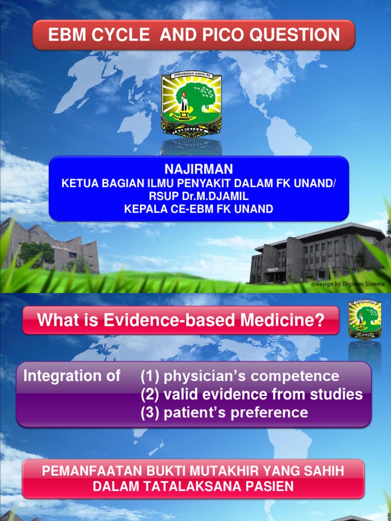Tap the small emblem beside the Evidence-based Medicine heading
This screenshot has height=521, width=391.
[x=365, y=320]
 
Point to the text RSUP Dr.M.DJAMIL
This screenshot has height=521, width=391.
[x=199, y=196]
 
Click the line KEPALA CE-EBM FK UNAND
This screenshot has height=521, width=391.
[x=199, y=209]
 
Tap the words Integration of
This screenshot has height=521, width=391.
[x=72, y=377]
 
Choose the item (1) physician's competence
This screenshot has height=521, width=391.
[x=240, y=377]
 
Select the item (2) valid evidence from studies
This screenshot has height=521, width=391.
[x=252, y=394]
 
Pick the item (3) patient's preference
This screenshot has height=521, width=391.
[x=225, y=412]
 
